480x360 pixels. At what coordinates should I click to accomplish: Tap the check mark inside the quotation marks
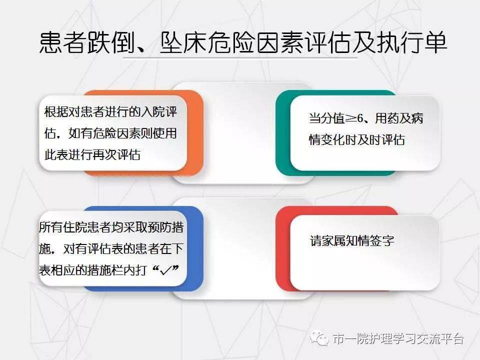pos(166,270)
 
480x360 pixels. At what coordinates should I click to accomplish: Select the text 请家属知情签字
pos(351,240)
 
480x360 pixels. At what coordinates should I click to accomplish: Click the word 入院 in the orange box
pos(152,111)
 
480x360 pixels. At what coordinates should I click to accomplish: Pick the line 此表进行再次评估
pos(92,154)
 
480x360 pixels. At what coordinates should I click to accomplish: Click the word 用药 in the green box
pos(387,118)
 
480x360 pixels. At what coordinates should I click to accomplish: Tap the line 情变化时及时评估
pos(357,140)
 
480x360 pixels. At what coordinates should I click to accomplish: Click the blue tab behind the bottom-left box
pos(195,248)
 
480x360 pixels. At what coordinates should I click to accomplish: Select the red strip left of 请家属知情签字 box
pos(282,248)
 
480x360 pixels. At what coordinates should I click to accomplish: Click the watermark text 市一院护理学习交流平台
pos(398,338)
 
